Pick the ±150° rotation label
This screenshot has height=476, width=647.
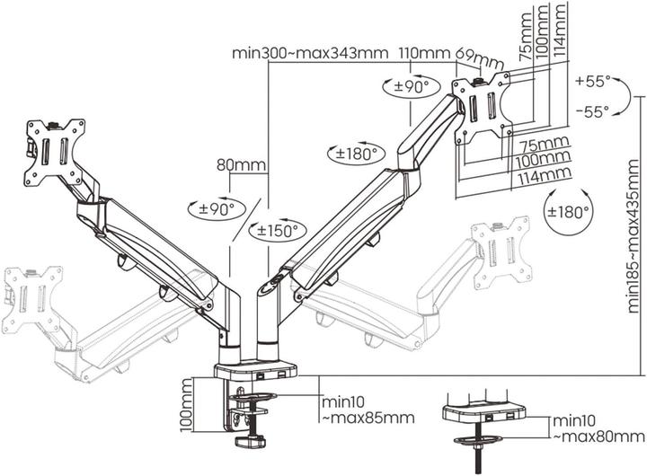[275, 230]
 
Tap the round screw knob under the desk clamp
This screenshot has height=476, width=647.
[249, 442]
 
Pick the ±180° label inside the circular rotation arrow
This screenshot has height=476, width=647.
[570, 210]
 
